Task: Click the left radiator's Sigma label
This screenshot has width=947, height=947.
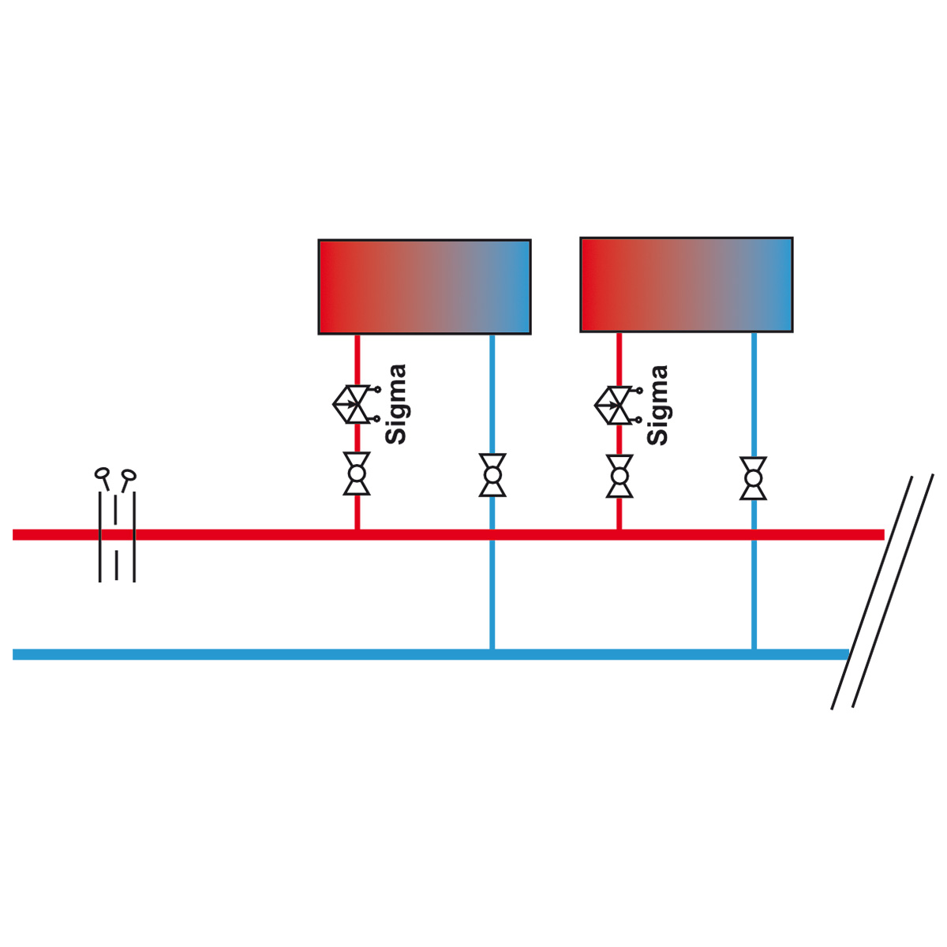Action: coord(395,405)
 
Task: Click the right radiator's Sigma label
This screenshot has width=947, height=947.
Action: coord(657,406)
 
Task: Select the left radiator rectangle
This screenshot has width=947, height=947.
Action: coord(425,287)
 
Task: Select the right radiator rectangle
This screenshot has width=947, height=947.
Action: coord(686,285)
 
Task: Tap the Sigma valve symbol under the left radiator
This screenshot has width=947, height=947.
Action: coord(356,405)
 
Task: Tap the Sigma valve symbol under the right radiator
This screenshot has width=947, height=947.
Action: coord(618,406)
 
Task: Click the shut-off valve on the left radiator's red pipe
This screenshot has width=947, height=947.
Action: coord(357,473)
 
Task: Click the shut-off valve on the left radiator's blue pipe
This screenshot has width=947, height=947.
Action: coord(492,475)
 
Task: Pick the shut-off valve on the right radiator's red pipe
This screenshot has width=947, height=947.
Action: coord(619,476)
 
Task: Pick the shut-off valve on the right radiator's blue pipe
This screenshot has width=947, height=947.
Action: coord(753,478)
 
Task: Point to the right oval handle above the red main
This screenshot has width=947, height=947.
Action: coord(129,475)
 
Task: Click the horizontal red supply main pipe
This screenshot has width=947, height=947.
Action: coord(448,535)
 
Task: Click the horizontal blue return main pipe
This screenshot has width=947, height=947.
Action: coord(431,654)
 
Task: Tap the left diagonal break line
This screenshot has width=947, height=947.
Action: coord(871,592)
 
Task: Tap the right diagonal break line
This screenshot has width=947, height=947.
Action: coord(893,590)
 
